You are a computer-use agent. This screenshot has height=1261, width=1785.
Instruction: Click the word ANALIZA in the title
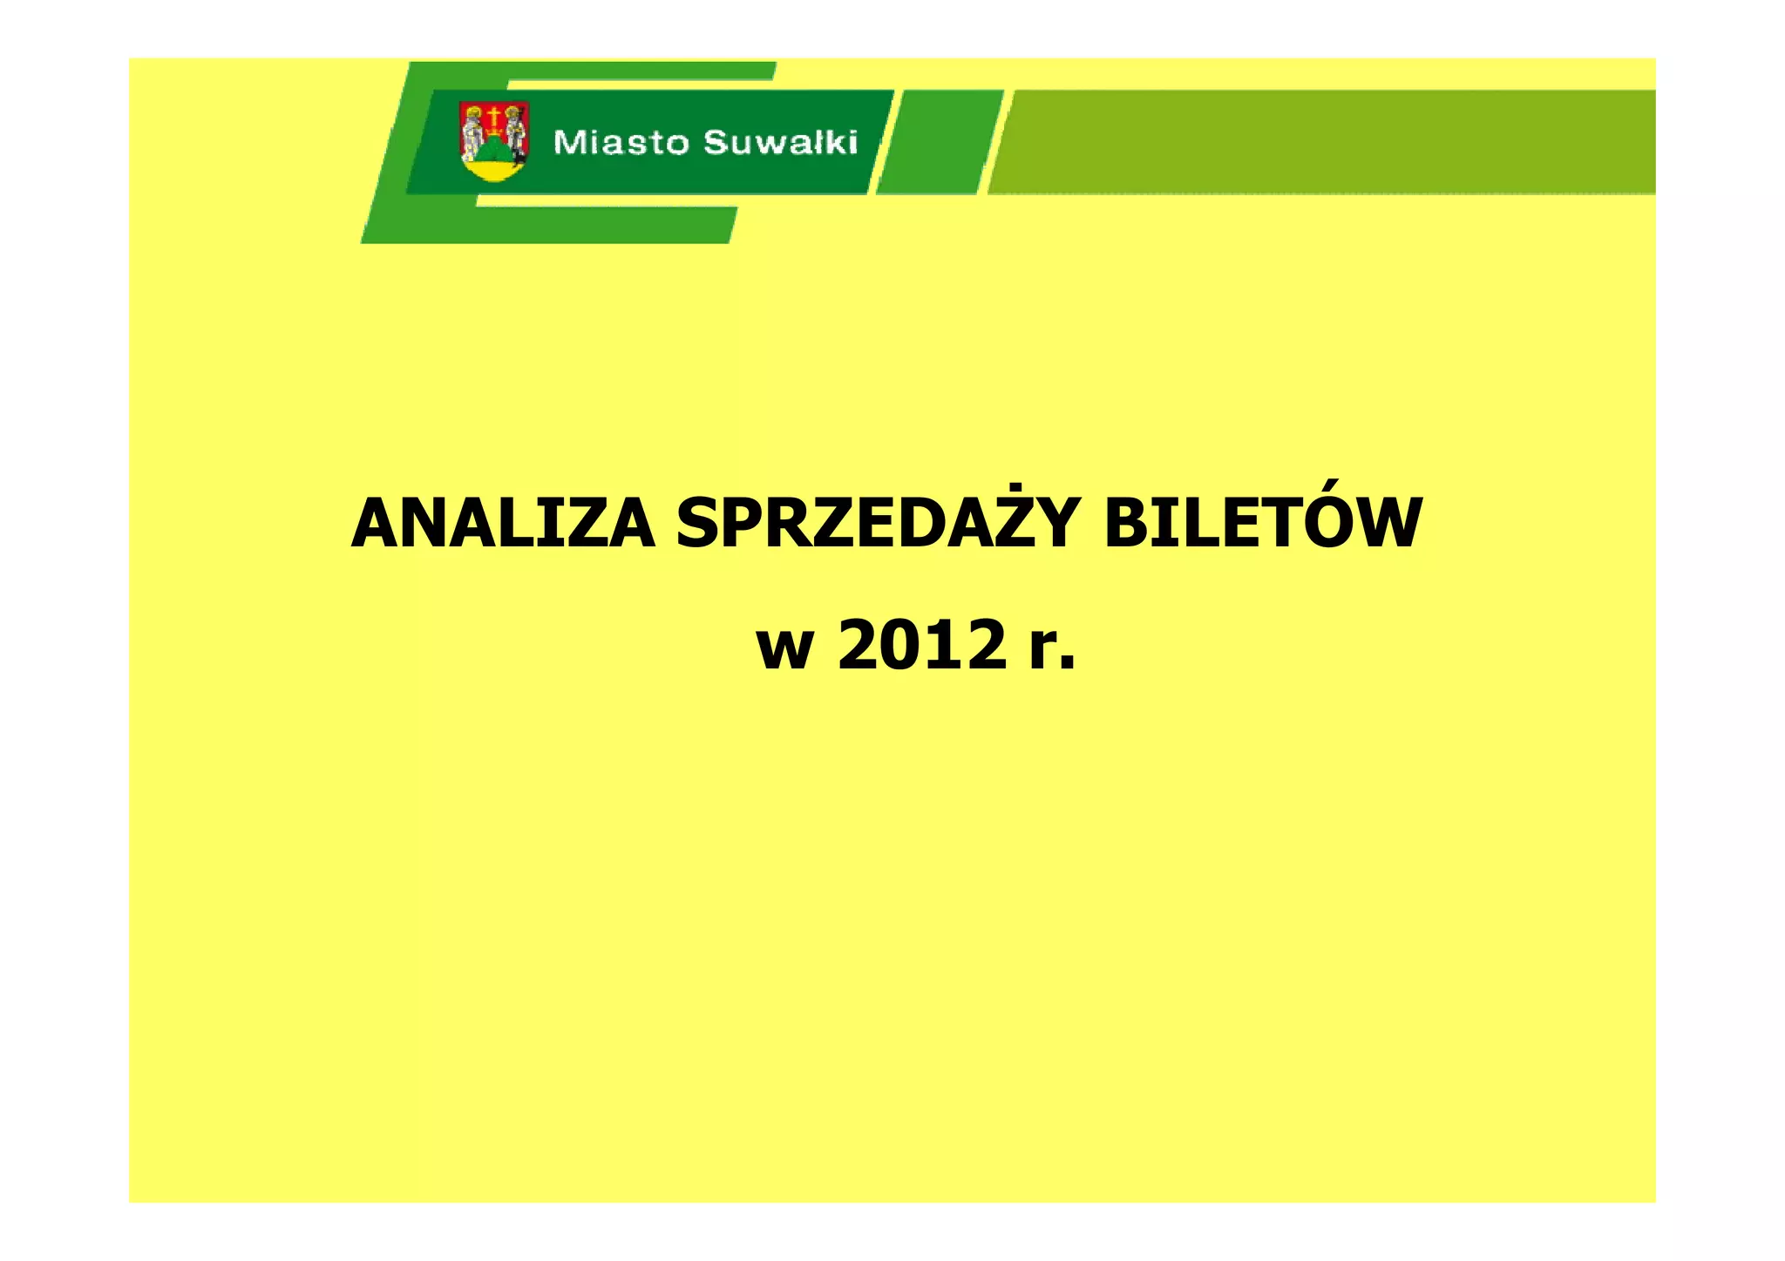point(503,525)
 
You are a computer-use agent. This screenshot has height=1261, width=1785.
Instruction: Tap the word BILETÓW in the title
point(1262,525)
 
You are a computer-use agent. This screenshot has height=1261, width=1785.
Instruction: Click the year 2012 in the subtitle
point(922,646)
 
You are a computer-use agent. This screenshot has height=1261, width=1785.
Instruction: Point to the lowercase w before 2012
point(784,649)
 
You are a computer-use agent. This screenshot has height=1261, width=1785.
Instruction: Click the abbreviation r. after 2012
point(1052,649)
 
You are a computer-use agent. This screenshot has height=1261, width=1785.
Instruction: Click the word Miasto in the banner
point(621,142)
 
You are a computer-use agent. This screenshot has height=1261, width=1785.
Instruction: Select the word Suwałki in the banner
point(780,142)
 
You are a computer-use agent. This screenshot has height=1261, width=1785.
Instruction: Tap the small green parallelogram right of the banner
point(940,141)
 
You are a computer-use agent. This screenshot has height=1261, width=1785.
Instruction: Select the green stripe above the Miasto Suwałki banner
point(593,71)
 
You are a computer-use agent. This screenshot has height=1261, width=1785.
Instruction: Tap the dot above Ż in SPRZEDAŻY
point(1015,487)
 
